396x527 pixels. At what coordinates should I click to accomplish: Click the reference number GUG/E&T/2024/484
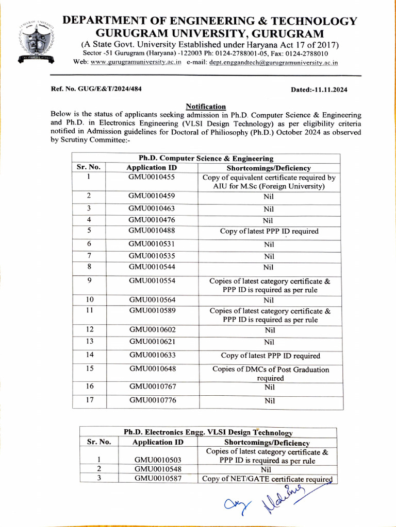[x=96, y=89]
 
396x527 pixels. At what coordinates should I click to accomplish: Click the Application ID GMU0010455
[x=152, y=177]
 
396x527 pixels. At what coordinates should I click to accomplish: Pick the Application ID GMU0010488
[x=152, y=231]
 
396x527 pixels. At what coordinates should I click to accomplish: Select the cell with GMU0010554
[x=152, y=280]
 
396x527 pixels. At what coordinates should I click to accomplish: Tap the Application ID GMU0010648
[x=152, y=369]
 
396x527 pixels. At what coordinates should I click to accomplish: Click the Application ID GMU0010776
[x=152, y=399]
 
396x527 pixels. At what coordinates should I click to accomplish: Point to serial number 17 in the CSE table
[x=89, y=399]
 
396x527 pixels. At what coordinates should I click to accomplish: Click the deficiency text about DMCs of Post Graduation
[x=271, y=374]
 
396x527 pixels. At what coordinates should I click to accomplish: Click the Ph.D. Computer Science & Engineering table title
[x=206, y=159]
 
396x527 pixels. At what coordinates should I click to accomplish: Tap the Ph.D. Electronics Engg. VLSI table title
[x=208, y=433]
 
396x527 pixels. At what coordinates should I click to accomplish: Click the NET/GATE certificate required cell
[x=266, y=479]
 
